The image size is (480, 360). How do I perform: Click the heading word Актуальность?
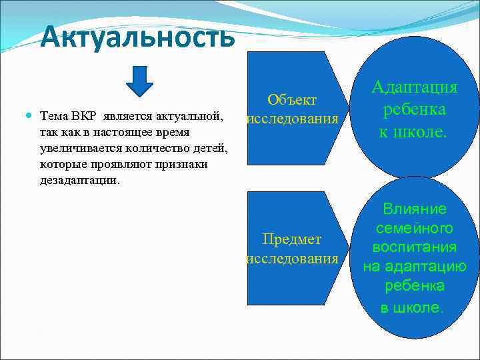pyautogui.click(x=137, y=37)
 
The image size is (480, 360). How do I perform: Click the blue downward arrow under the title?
pyautogui.click(x=139, y=81)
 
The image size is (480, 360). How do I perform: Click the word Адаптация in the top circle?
pyautogui.click(x=415, y=88)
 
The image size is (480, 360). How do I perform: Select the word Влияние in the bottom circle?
pyautogui.click(x=415, y=209)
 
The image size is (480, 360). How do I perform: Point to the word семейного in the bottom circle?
pyautogui.click(x=415, y=229)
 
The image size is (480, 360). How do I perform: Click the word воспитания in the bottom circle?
pyautogui.click(x=415, y=248)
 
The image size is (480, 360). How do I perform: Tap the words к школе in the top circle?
pyautogui.click(x=415, y=131)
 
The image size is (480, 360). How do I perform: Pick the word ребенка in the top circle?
pyautogui.click(x=415, y=110)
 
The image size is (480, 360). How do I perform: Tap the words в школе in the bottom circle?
pyautogui.click(x=411, y=307)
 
